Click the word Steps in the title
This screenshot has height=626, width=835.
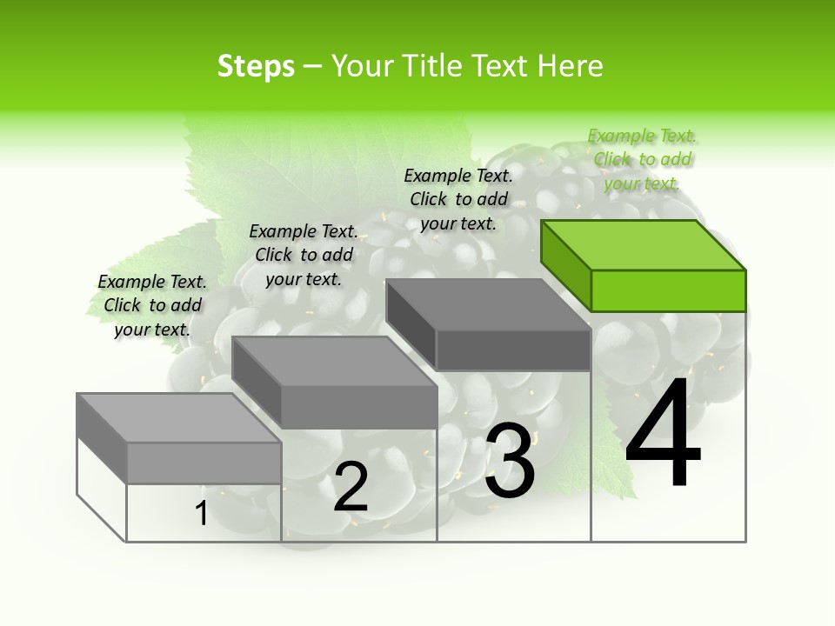(256, 66)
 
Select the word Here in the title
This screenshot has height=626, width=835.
(570, 66)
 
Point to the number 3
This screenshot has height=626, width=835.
(510, 461)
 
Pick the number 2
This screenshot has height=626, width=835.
(351, 488)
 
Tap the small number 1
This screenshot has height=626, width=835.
(201, 514)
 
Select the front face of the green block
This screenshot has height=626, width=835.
(668, 290)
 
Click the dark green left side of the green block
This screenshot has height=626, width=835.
(565, 265)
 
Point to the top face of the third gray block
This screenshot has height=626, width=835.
(487, 303)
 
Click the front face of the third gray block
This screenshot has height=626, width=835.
(513, 350)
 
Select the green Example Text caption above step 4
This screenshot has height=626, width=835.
(642, 159)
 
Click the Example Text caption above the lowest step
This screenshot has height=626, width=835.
(152, 305)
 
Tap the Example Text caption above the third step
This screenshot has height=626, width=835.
(458, 199)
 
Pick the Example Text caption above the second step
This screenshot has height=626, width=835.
(304, 255)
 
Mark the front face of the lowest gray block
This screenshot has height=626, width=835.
(204, 463)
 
